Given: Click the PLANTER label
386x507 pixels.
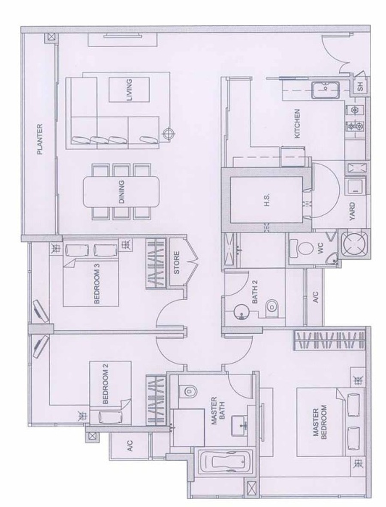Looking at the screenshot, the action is coord(39,139).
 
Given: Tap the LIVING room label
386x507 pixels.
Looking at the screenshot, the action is coord(129,90).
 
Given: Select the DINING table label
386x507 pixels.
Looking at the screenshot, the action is coord(121,192).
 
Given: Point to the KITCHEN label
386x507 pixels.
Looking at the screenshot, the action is coord(297,124).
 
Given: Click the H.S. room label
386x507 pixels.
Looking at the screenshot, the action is coord(267,200).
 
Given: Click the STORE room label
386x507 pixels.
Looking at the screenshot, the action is coord(177,263).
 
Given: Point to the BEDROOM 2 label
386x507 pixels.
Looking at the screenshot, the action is coord(105,384).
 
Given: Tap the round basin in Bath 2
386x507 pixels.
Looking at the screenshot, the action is coord(241,312).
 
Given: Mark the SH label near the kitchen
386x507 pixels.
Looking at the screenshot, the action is coord(360,86).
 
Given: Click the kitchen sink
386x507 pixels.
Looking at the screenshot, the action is coord(326,90).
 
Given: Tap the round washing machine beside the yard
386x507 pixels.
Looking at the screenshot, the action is coord(355,244).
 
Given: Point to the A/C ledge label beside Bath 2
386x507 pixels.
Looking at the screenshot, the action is coord(316,297).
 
